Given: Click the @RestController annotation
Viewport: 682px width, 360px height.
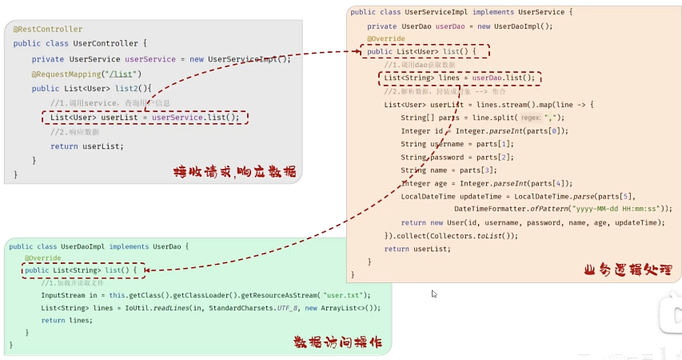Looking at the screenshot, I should pos(47,30).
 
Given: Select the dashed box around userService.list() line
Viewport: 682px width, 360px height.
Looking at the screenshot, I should pos(145,118).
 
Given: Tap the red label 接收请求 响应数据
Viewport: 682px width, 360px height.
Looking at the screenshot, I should pos(234,171).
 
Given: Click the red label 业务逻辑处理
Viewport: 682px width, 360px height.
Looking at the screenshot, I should pos(628,270).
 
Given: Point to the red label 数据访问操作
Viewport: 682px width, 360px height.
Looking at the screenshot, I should pos(337,342).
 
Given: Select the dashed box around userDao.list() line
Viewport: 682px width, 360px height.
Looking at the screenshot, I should pos(460,78).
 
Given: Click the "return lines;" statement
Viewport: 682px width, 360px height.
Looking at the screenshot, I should pos(67,320).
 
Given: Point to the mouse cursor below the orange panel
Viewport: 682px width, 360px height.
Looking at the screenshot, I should pos(434,294).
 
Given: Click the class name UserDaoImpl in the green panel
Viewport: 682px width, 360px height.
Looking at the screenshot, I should pos(83,247).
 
